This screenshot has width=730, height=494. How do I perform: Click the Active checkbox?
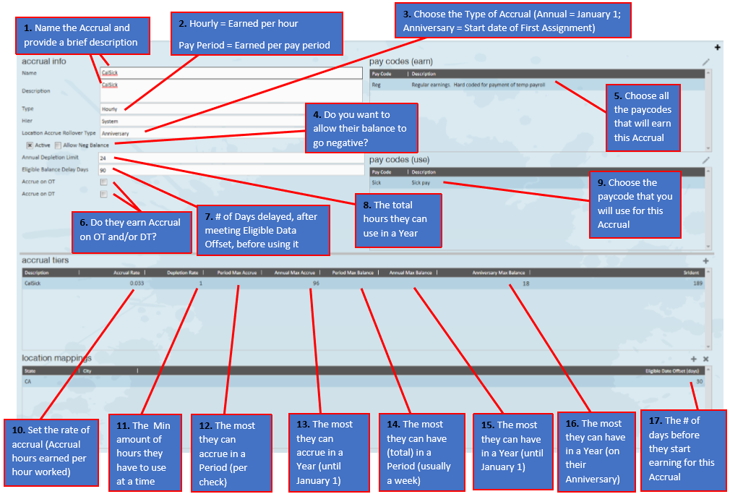pos(30,145)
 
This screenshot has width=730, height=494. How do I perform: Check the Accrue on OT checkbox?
pos(103,182)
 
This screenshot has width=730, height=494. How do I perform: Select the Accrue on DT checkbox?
pos(103,194)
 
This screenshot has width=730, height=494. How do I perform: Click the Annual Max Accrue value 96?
pos(316,284)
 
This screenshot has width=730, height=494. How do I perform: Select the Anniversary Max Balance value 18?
pos(525,284)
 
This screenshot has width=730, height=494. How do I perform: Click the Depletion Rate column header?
pos(183,273)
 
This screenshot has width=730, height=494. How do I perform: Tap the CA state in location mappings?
pos(27,381)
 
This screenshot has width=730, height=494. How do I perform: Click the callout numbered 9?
pos(635,203)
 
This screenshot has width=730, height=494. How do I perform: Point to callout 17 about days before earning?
pos(682,448)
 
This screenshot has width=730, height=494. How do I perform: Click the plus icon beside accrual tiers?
pos(705,260)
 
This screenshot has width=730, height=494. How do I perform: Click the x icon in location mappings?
pos(706,359)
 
